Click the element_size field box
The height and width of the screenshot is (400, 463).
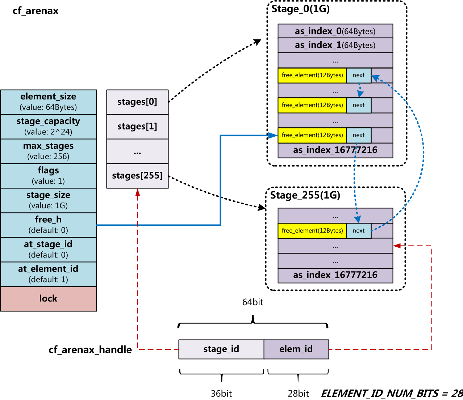point(49,102)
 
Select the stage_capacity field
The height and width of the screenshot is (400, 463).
point(49,127)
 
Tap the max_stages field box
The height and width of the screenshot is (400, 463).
point(49,151)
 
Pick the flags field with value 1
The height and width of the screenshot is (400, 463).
point(49,176)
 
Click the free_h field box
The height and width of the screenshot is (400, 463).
point(49,225)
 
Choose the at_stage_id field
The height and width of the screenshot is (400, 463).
point(49,250)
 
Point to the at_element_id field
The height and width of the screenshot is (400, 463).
point(49,274)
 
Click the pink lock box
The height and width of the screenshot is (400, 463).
point(49,299)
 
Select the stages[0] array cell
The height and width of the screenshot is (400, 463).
point(137,102)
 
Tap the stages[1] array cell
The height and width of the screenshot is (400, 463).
point(137,127)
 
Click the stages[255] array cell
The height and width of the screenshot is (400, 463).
point(137,176)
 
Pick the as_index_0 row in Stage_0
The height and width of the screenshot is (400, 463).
point(335,31)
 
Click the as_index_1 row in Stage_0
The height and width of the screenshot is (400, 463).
point(335,45)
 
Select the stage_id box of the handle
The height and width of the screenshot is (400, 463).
point(221,349)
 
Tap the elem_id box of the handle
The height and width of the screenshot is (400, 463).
point(296,349)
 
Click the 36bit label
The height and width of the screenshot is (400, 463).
point(221,393)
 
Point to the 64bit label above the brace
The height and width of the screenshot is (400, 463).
point(253,302)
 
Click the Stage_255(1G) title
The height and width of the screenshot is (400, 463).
point(305,196)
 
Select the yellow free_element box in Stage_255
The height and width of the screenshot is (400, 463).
point(312,231)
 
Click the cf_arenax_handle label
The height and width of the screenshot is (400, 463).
point(90,350)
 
